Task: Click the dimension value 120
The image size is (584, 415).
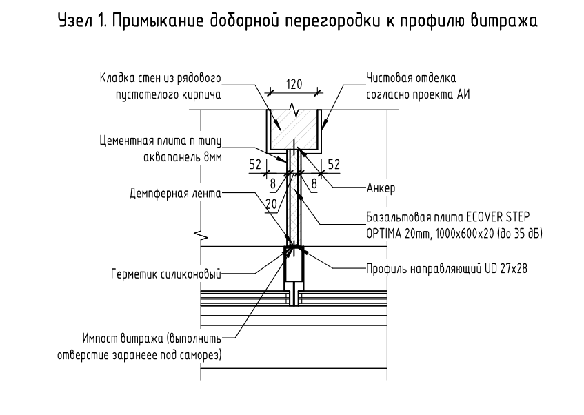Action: point(294,85)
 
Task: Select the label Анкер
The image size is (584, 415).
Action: point(381,187)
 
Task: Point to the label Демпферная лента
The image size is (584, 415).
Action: point(174,194)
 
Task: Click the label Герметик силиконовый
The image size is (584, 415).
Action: point(165,274)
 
